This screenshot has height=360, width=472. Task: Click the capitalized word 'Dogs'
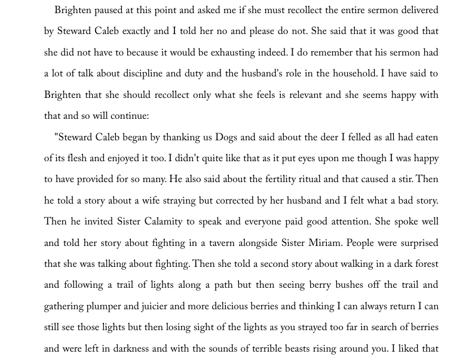231,138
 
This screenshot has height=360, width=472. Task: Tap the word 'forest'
423,264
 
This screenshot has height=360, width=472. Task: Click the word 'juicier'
163,307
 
